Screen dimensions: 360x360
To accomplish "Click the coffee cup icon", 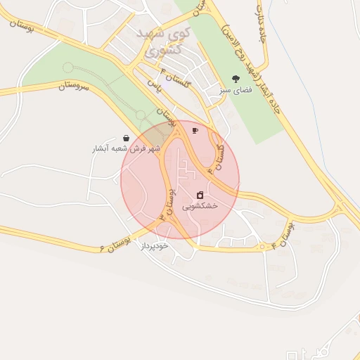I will coord(195,130).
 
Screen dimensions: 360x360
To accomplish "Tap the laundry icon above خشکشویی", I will coord(200,195).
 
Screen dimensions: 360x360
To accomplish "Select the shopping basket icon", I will coord(126,139).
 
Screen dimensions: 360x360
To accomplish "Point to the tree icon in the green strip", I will coord(236,79).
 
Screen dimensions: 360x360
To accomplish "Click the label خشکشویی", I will coord(200,206).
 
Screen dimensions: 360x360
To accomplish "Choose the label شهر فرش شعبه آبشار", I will coord(127,149).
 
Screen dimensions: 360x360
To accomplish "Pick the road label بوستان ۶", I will coord(115,244).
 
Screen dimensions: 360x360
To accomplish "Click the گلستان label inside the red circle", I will coord(217,155).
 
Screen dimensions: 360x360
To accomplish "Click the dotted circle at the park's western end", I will coord(67,67).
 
